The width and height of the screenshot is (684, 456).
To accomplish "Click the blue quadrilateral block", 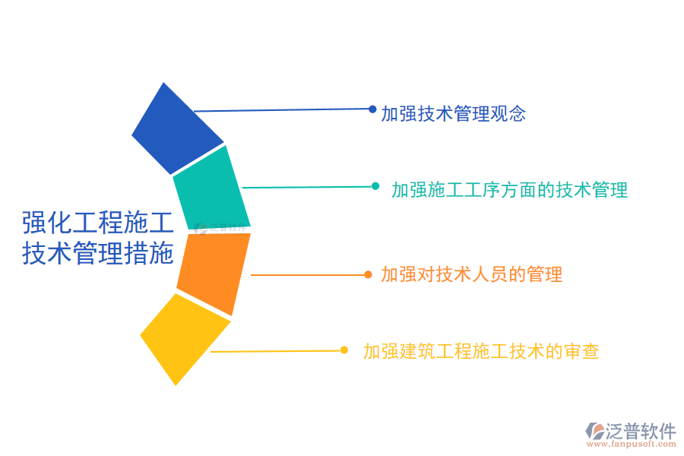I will tap(176, 129).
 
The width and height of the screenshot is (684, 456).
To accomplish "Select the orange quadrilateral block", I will tap(214, 272).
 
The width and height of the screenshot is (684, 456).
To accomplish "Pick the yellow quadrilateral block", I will tap(184, 337).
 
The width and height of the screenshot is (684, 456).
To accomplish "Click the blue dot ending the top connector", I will tap(372, 109).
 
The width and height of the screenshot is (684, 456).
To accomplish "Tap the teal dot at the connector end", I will tap(375, 186).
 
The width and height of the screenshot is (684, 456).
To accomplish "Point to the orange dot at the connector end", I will tap(368, 274).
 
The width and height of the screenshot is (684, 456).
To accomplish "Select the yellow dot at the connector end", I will tap(344, 350).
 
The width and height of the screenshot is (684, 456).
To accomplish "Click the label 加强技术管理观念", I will tap(454, 114).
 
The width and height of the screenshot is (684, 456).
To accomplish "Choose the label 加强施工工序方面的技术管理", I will tap(510, 190).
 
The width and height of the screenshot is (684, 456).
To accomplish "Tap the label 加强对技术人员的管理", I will tap(472, 274).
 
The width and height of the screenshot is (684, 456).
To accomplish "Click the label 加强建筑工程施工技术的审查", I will tap(481, 351).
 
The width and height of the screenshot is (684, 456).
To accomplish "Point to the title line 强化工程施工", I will tap(97, 223).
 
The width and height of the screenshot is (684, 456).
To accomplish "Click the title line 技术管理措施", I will tap(97, 253).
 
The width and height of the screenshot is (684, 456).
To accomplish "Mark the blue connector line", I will tap(281, 110).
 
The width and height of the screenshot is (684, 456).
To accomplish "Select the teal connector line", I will tap(308, 187).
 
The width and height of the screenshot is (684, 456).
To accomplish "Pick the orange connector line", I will tap(308, 274).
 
